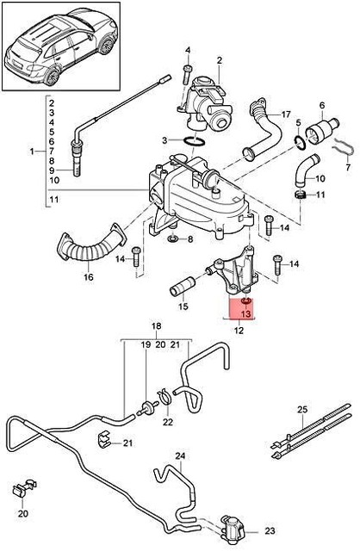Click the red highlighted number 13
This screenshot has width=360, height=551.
click(245, 315)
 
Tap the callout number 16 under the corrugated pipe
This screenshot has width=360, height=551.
click(88, 278)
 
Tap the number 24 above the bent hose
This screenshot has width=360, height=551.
click(180, 456)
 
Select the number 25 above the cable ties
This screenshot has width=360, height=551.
click(301, 408)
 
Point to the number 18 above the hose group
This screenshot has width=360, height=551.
click(157, 327)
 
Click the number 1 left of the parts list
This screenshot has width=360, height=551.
click(33, 152)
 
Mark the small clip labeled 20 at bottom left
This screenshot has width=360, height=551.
click(19, 491)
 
